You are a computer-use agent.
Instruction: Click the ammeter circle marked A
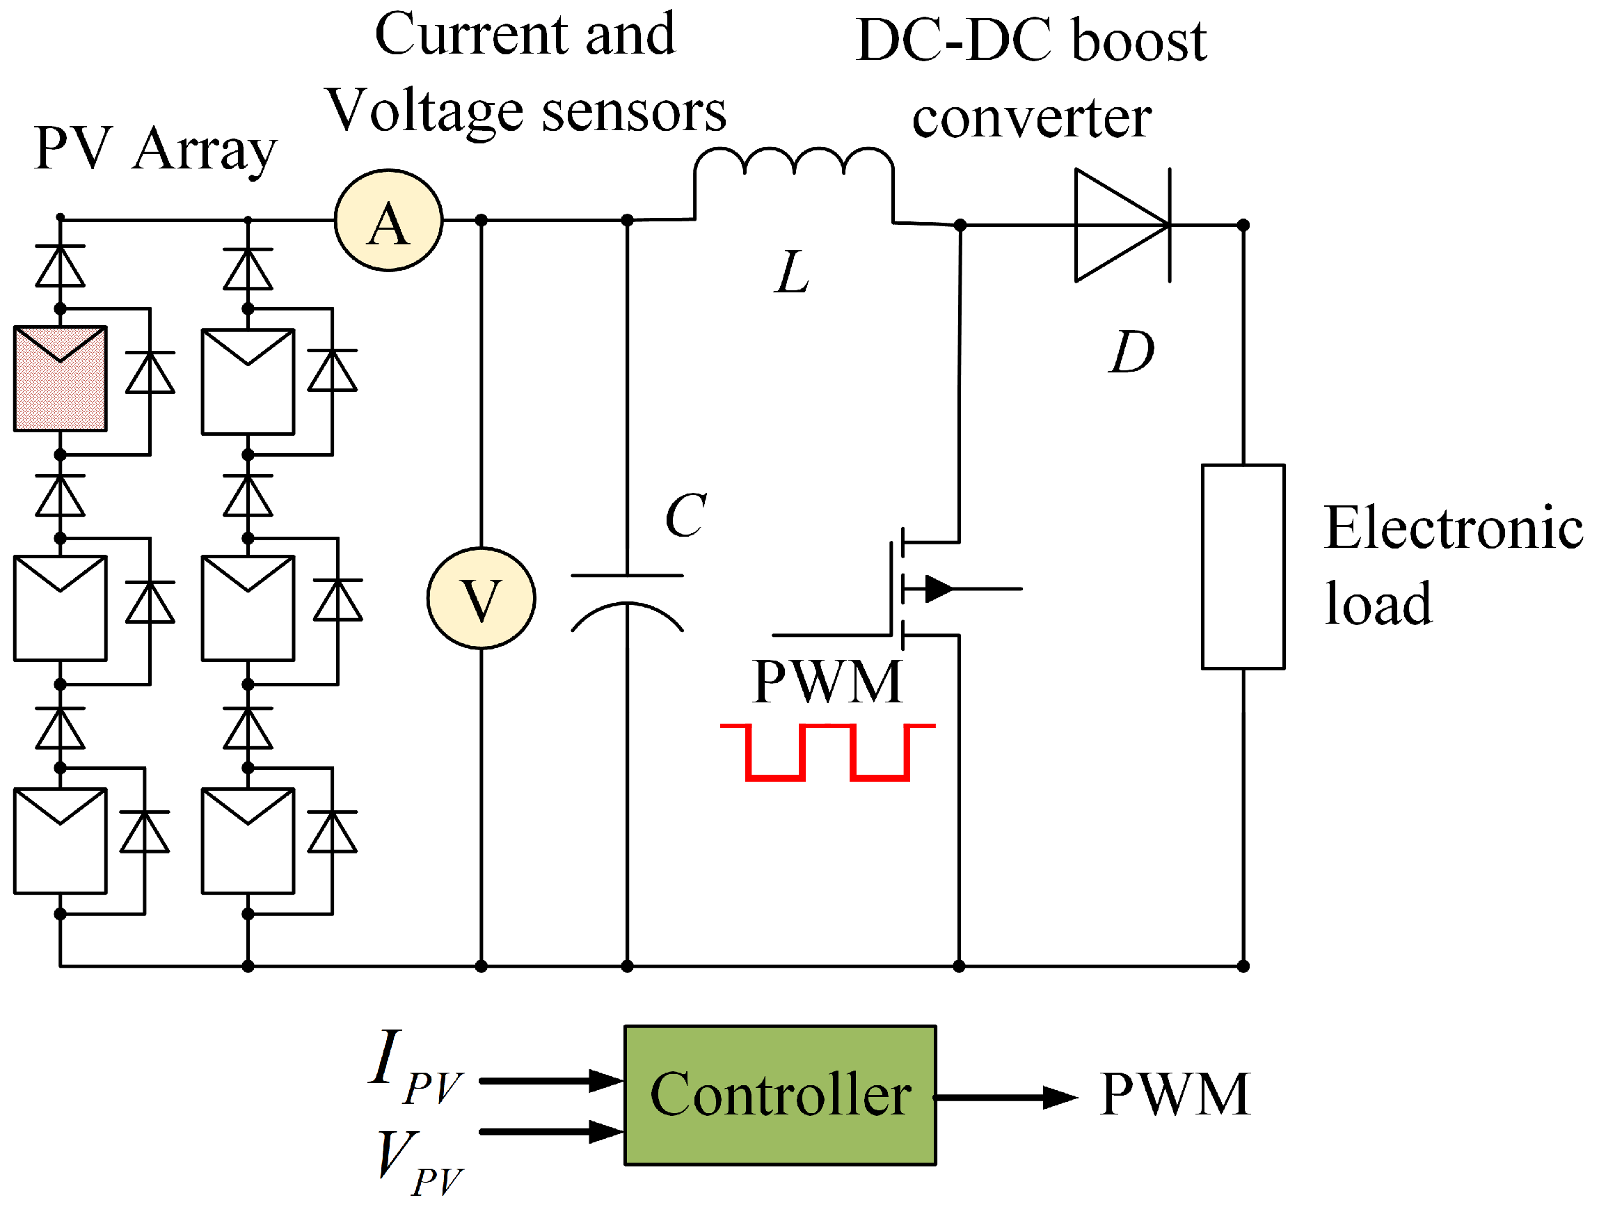tap(389, 221)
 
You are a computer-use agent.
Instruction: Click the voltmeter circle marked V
tap(481, 599)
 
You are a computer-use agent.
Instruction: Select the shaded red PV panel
tap(61, 379)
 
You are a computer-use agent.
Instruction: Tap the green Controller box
tap(780, 1095)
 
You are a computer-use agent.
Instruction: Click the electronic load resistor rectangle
tap(1243, 567)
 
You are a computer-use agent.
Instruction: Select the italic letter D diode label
tap(1131, 353)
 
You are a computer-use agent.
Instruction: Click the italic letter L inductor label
tap(792, 273)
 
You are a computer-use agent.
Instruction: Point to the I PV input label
tap(413, 1068)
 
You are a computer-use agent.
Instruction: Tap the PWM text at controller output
tap(1175, 1095)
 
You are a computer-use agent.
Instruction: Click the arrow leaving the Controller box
tap(1005, 1098)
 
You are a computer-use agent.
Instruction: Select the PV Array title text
tap(154, 149)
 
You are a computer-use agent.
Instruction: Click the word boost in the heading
tap(1139, 40)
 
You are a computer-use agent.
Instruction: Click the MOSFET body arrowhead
tap(938, 589)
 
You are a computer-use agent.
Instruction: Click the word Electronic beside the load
tap(1453, 528)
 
